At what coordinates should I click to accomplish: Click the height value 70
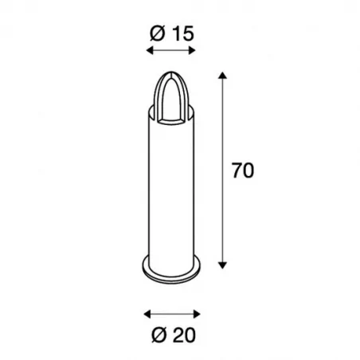pos(243,171)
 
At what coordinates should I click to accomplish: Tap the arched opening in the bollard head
pos(170,100)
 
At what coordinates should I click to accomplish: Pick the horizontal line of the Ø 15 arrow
pos(170,52)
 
